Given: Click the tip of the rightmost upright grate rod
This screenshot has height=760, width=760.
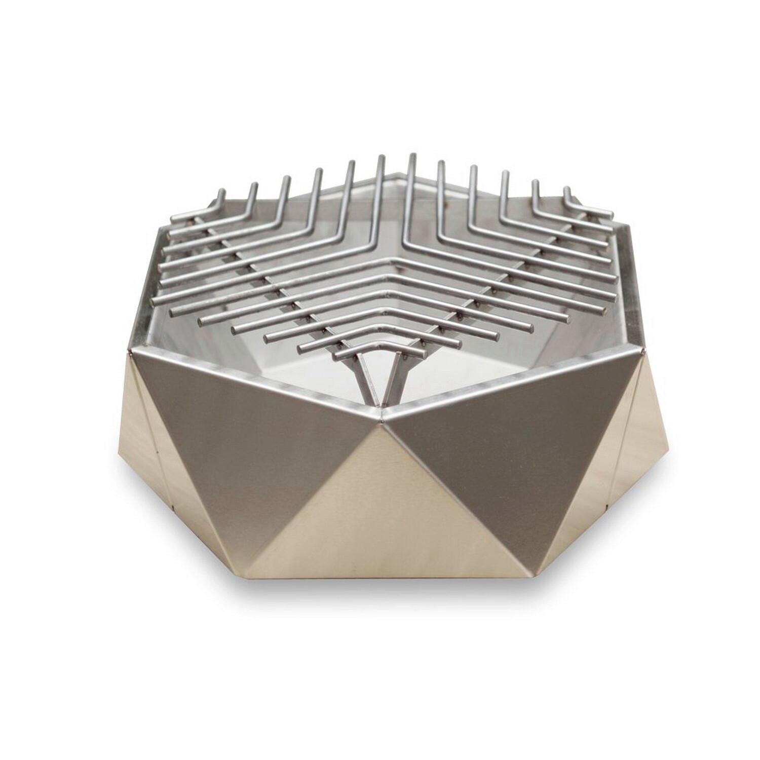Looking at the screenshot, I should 566,190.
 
